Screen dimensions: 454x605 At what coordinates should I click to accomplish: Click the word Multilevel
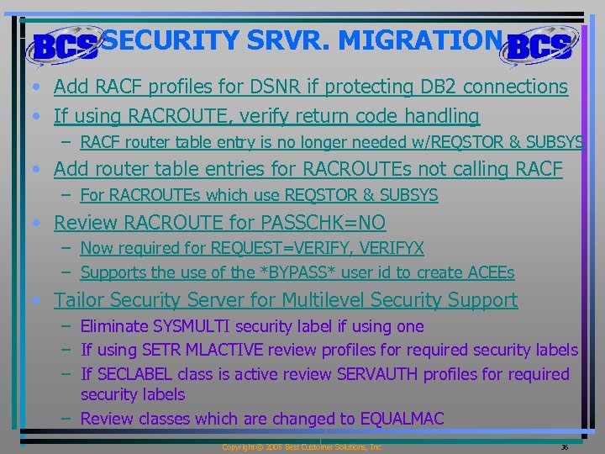(x=324, y=300)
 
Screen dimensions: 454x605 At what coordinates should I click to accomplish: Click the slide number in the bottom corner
(x=565, y=447)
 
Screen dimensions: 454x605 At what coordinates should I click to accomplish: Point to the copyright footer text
(x=302, y=447)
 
